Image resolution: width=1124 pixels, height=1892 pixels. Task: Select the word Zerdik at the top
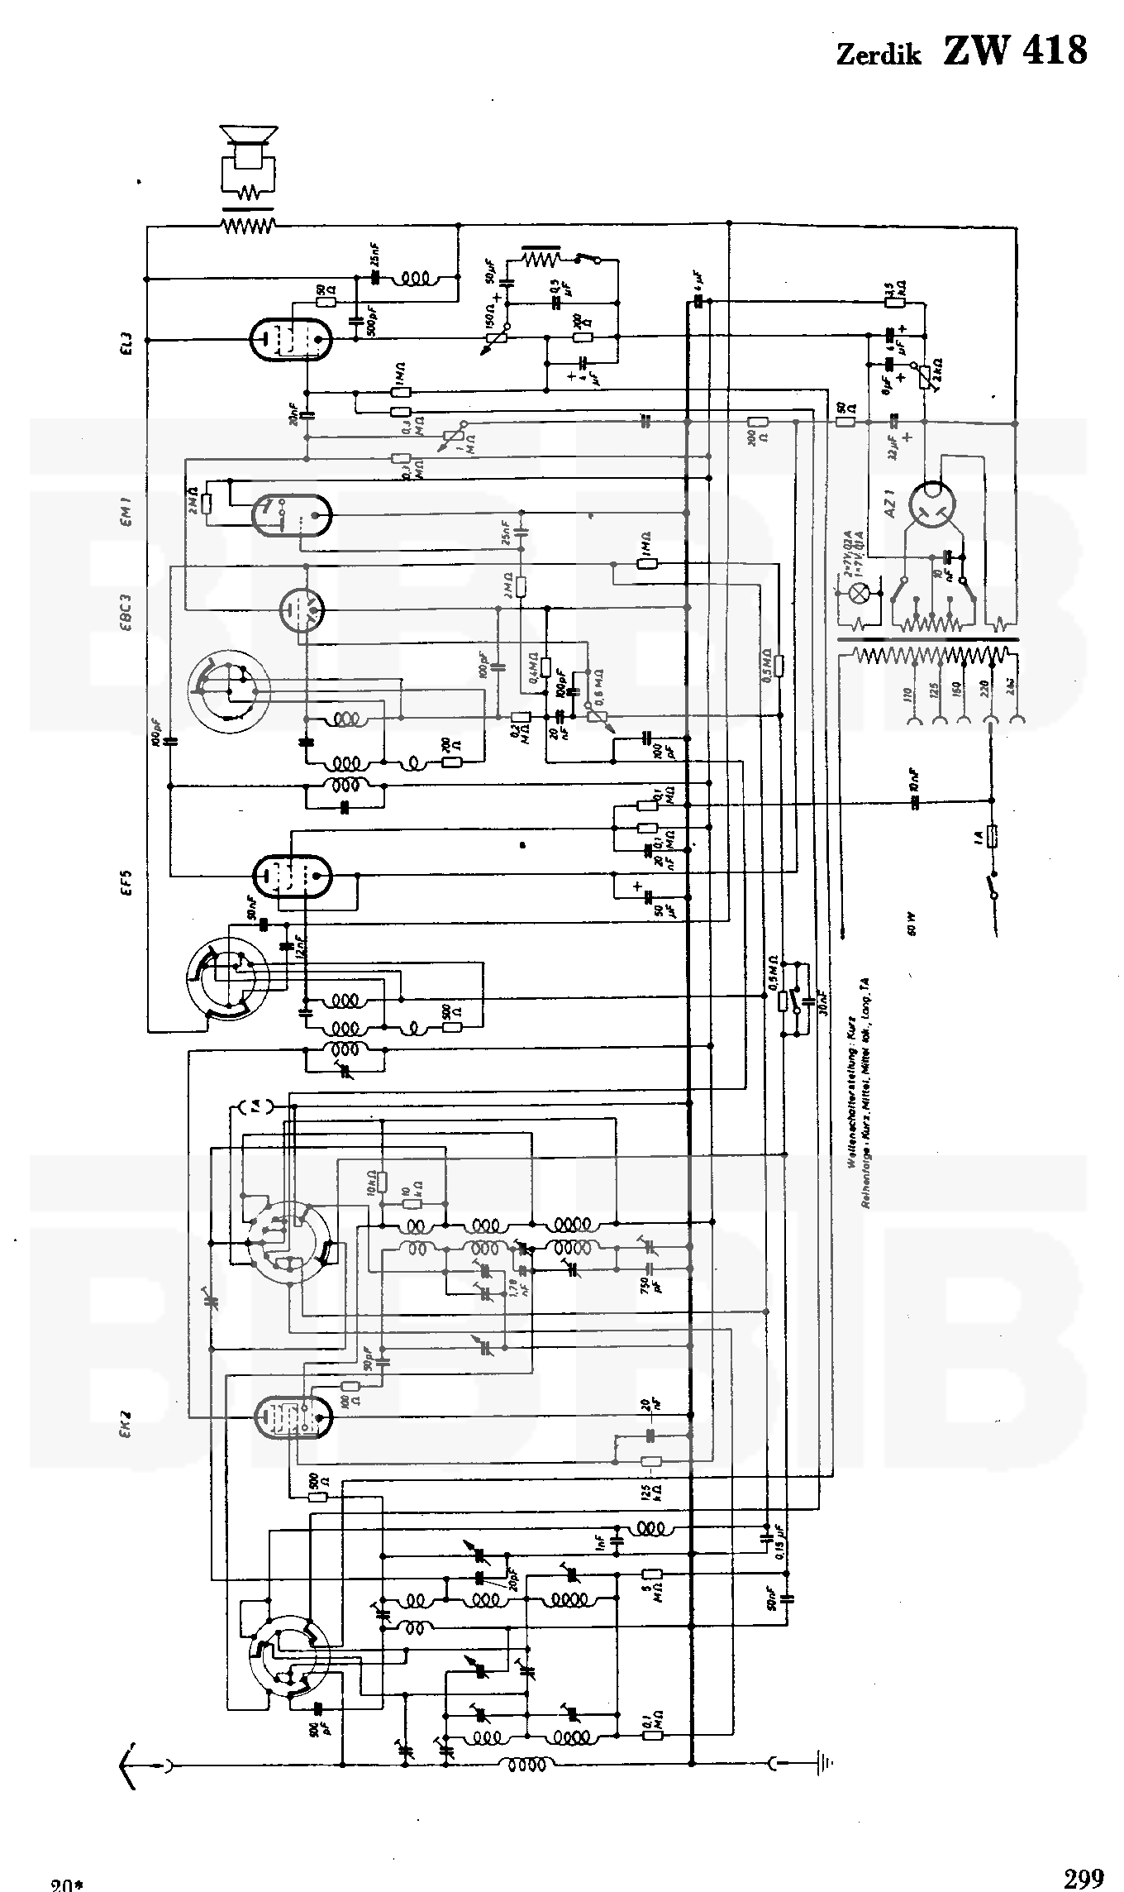(x=879, y=55)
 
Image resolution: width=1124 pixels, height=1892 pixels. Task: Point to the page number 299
(x=1083, y=1872)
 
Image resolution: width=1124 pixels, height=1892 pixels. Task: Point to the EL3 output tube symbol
(x=290, y=338)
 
